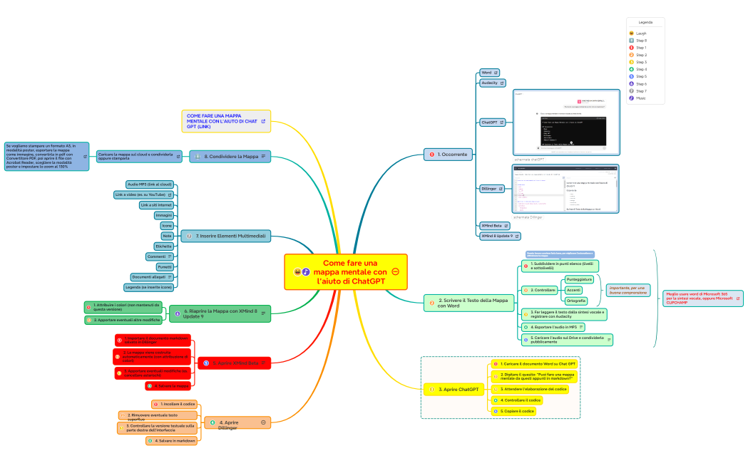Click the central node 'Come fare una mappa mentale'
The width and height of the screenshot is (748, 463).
point(346,272)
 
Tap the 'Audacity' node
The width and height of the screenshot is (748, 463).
point(489,83)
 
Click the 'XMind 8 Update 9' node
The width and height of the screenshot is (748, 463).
point(500,236)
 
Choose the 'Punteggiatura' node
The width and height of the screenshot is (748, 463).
point(579,279)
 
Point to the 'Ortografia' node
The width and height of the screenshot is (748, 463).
point(575,301)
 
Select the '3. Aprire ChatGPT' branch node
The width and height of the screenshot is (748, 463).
point(456,390)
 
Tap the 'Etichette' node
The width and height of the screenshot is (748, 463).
point(163,246)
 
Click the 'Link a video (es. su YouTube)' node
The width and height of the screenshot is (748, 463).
point(143,194)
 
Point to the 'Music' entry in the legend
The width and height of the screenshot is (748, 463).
point(641,98)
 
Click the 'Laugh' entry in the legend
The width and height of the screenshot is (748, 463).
point(641,33)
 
